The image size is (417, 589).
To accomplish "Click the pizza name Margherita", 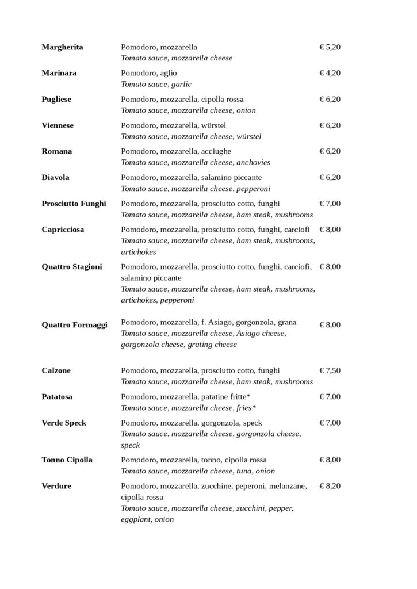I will pos(62,47).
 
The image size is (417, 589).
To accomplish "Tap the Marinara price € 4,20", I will pos(330,73).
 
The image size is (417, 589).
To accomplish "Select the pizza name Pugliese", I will pos(56,100).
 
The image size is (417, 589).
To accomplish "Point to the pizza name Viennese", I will pos(58,125).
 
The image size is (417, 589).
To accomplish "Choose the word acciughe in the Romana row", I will pos(216,151).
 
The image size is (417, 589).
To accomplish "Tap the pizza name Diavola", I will pos(55,178).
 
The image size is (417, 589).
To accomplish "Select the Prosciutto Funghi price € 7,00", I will pos(330,204).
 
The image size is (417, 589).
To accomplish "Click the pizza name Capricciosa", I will pos(63,230).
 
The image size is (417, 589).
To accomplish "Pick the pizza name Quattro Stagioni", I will pos(72,267).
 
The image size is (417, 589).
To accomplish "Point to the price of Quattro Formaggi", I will pos(330,325).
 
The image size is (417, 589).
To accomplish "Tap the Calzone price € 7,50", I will pos(330,370).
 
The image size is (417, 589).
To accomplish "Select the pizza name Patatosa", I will pos(57,397).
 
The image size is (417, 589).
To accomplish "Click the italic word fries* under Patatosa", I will pos(246,408).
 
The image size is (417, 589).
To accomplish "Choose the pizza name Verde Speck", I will pos(64,423).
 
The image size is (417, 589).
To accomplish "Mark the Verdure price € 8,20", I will pos(330,486).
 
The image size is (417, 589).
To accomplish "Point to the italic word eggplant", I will pos(136,519).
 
